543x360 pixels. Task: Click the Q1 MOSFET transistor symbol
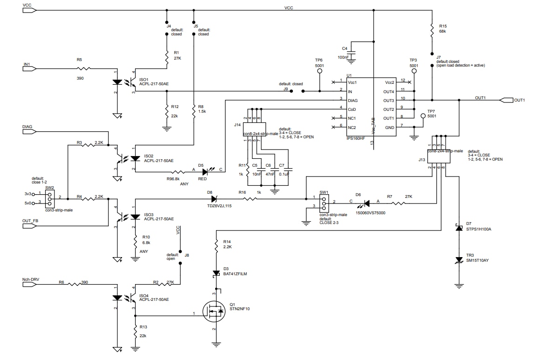[215, 311]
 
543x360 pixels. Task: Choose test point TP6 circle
[319, 71]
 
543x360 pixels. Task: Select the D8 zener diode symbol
[214, 199]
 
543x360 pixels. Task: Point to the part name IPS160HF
[355, 138]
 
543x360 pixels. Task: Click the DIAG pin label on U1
[353, 100]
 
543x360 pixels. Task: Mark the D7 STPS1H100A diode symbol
[459, 228]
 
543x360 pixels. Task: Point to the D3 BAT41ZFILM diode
[216, 273]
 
